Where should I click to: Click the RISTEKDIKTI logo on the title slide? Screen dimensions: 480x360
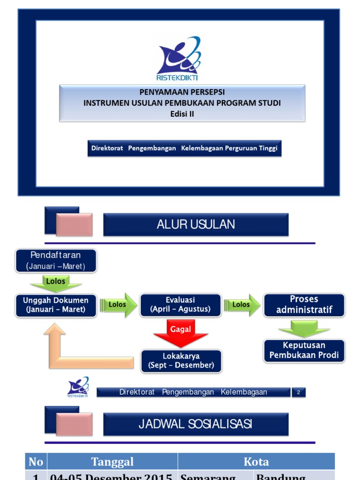[x=178, y=59]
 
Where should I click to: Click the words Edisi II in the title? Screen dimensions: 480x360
[x=182, y=113]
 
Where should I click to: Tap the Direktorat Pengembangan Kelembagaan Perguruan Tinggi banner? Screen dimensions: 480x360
[x=185, y=148]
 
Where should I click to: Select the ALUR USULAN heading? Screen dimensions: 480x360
[x=195, y=225]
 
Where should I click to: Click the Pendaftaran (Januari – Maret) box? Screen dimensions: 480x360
[x=56, y=261]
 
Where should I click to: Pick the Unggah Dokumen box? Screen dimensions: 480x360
[x=56, y=305]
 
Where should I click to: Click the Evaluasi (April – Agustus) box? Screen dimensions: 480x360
[x=180, y=305]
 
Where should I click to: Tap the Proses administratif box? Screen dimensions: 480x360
[x=304, y=305]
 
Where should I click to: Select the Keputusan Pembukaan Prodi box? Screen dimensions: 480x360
[x=304, y=350]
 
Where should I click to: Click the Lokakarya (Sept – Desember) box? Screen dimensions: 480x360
[x=181, y=360]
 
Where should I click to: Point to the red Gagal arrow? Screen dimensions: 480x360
[x=180, y=332]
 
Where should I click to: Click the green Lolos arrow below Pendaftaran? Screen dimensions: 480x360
[x=56, y=283]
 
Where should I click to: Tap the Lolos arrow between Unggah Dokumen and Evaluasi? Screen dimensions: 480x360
[x=119, y=305]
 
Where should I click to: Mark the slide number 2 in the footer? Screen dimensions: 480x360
[x=299, y=392]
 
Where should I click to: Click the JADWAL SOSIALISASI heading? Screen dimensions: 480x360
[x=195, y=424]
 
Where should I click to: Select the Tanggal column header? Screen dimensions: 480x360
[x=112, y=462]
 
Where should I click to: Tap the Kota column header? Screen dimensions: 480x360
[x=256, y=462]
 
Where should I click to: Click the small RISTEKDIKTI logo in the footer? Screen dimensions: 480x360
[x=78, y=388]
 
